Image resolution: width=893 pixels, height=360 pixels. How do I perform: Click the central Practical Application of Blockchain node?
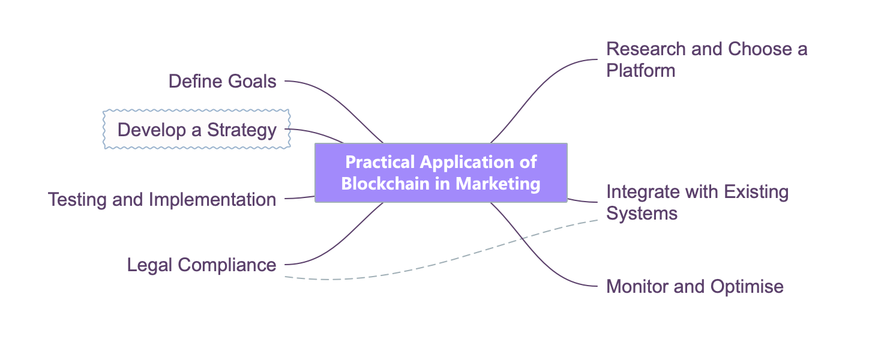[x=440, y=172]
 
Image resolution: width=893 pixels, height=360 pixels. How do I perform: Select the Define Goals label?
[x=222, y=81]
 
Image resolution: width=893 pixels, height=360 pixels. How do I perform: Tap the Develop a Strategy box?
[x=197, y=130]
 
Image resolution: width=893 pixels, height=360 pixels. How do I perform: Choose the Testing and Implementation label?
[x=162, y=199]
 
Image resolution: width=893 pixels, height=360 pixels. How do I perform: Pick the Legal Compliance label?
[x=202, y=265]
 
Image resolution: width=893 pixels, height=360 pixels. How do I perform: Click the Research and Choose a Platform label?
[x=706, y=59]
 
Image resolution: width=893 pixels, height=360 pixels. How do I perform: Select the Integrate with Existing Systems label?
[x=697, y=202]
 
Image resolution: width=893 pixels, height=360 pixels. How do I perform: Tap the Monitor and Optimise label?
[x=695, y=286]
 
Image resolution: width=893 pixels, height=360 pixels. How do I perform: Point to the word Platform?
[x=640, y=71]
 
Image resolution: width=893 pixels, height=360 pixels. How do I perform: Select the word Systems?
[x=642, y=214]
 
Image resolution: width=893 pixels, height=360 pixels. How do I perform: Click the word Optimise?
[x=747, y=286]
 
